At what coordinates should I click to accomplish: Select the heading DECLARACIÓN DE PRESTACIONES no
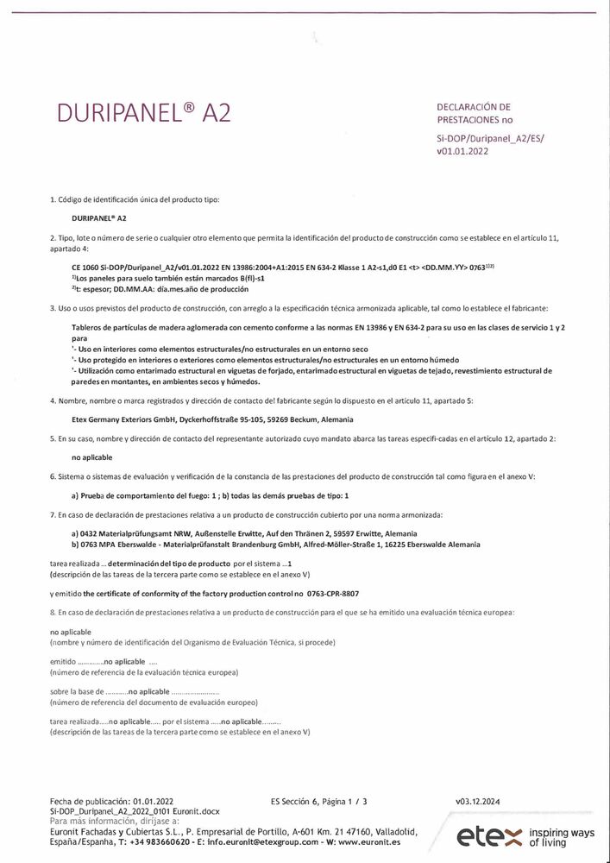tap(474, 113)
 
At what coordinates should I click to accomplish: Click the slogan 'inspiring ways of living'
tap(562, 836)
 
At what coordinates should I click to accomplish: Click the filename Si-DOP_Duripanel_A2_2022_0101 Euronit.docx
tap(135, 812)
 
